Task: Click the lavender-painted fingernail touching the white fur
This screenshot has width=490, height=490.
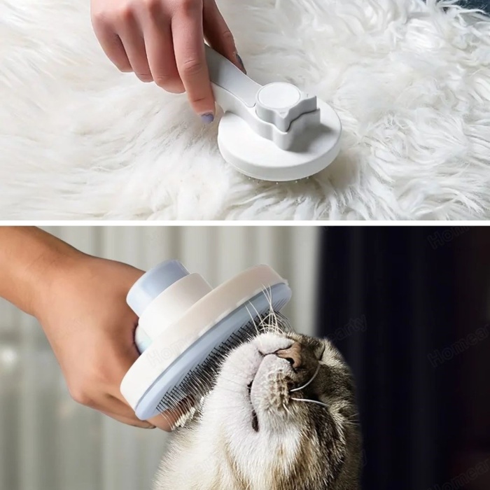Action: coord(207,118)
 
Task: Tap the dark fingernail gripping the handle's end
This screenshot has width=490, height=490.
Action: coord(240,63)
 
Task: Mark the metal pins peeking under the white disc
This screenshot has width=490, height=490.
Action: coord(280,181)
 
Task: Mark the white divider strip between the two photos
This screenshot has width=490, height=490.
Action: coord(245,223)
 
